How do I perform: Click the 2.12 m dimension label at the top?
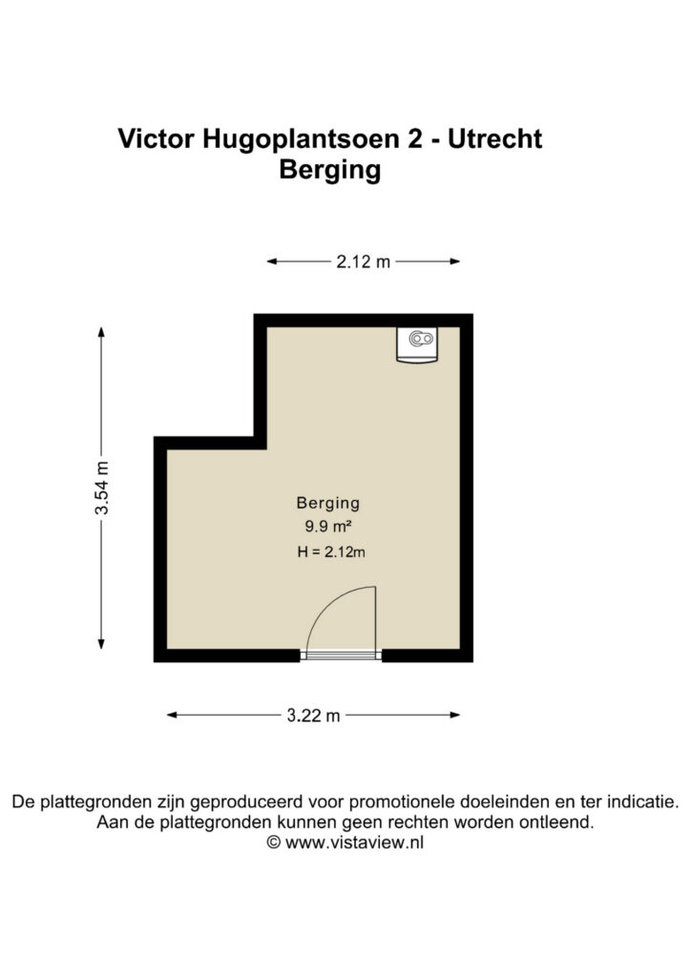pyautogui.click(x=364, y=261)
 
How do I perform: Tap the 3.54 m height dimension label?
pyautogui.click(x=101, y=488)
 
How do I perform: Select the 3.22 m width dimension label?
pyautogui.click(x=313, y=716)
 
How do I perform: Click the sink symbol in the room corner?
pyautogui.click(x=417, y=344)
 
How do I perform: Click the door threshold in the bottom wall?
pyautogui.click(x=341, y=655)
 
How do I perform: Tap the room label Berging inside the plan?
pyautogui.click(x=327, y=503)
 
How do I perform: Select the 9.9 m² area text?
pyautogui.click(x=328, y=527)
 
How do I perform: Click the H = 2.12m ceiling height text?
pyautogui.click(x=331, y=551)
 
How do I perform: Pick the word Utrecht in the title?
pyautogui.click(x=494, y=138)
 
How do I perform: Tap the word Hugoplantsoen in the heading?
pyautogui.click(x=301, y=139)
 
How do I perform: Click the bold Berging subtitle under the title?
pyautogui.click(x=329, y=170)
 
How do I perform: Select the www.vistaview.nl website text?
pyautogui.click(x=354, y=842)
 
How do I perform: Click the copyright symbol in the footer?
pyautogui.click(x=274, y=842)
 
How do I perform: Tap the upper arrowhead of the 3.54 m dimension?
pyautogui.click(x=101, y=331)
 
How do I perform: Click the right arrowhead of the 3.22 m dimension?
pyautogui.click(x=455, y=716)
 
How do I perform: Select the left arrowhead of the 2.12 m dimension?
pyautogui.click(x=272, y=261)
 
